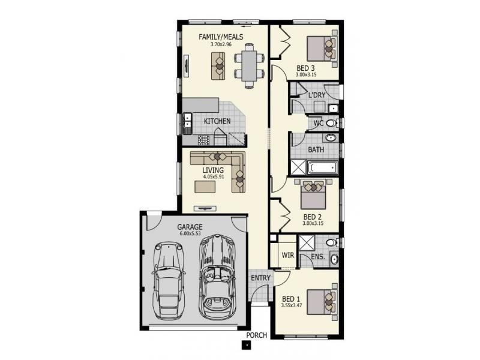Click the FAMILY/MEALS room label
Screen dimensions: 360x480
point(220,37)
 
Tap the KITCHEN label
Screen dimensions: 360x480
point(217,121)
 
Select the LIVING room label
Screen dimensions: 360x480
point(212,170)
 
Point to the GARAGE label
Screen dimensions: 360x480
point(190,227)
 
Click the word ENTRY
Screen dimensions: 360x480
point(261,278)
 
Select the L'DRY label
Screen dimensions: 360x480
point(317,96)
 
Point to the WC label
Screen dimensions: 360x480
point(319,123)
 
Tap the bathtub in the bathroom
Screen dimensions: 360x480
point(322,167)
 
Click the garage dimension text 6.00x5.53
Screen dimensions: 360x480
point(190,233)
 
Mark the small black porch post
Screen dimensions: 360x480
point(245,344)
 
